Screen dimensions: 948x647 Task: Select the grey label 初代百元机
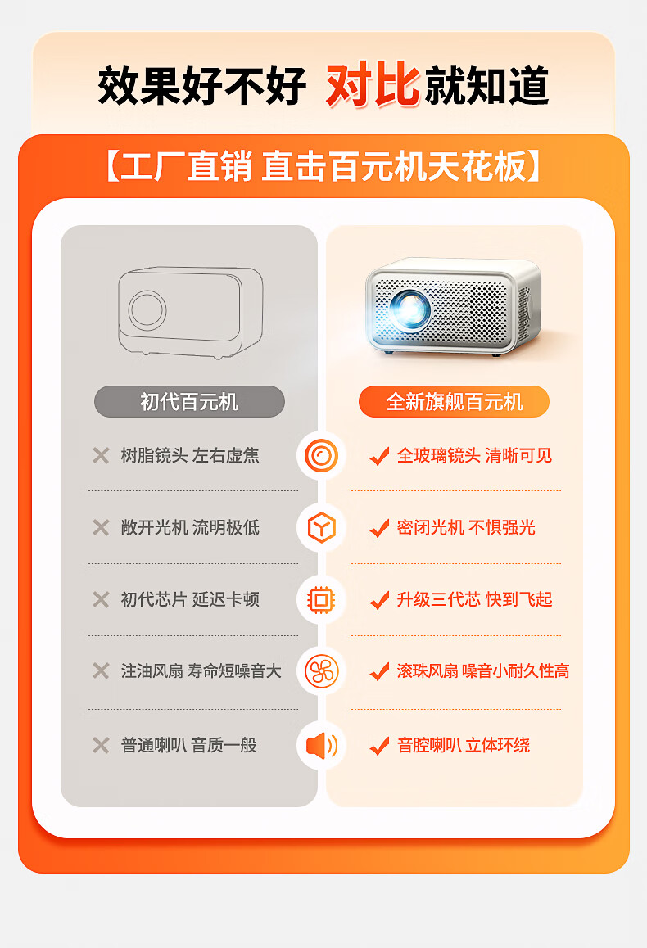coord(189,402)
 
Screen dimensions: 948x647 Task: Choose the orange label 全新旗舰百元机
coord(454,402)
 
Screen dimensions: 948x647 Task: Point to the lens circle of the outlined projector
coord(147,310)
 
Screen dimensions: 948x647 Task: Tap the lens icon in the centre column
coord(321,456)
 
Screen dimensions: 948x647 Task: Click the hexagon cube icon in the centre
coord(321,528)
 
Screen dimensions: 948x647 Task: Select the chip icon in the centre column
coord(321,600)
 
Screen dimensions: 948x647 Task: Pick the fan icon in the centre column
coord(321,672)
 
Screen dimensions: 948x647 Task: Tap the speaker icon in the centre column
coord(321,745)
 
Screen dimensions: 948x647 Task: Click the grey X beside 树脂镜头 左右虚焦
coord(101,456)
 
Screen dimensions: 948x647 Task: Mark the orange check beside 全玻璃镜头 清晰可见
coord(379,457)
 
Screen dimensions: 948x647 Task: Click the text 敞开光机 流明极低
coord(190,528)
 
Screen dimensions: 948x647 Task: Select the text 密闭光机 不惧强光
coord(466,528)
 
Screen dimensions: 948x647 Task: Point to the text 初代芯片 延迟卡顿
coord(190,600)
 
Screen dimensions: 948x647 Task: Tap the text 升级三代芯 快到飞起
coord(474,600)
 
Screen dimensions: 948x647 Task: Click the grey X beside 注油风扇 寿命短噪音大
coord(101,671)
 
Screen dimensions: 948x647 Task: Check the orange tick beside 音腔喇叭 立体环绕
coord(379,746)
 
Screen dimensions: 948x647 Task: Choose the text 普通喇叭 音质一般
coord(189,745)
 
